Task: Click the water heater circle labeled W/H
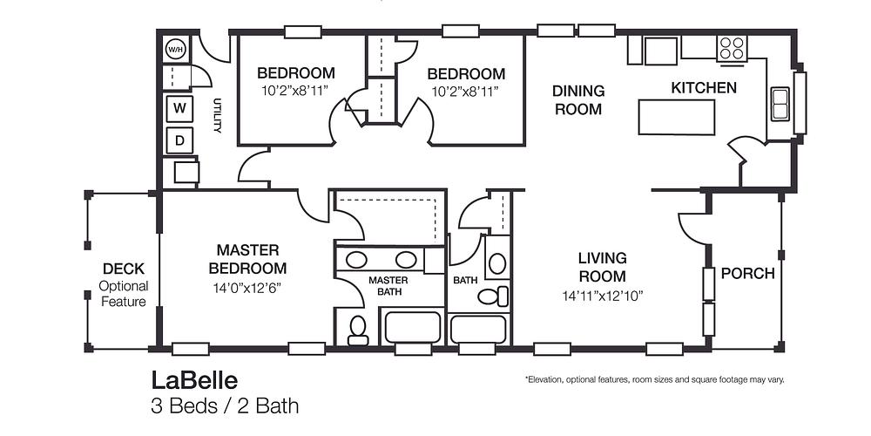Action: point(176,49)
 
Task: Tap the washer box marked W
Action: point(179,108)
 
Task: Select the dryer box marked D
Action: point(179,140)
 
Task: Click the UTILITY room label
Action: point(218,115)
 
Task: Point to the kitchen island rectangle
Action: point(678,117)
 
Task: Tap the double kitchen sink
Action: point(779,103)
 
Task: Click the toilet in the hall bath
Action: point(492,296)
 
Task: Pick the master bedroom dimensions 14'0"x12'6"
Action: point(246,287)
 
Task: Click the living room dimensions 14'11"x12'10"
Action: point(603,296)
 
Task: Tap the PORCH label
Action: point(747,274)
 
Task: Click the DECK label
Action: point(124,269)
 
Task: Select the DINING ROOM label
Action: point(578,100)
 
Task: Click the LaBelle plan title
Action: point(193,380)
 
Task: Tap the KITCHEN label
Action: point(704,88)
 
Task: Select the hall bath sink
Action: point(497,263)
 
